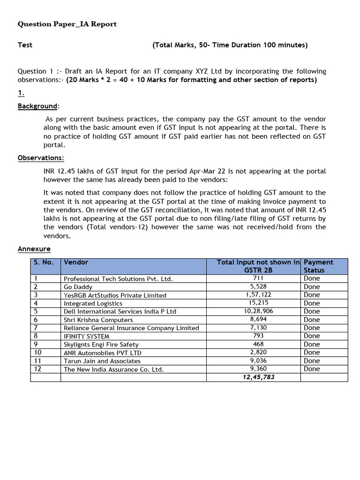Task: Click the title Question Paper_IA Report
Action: click(x=67, y=24)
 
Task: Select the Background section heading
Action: click(x=37, y=106)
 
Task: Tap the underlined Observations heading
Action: click(x=41, y=158)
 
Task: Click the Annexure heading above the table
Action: click(x=34, y=249)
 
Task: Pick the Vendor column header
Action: click(x=76, y=262)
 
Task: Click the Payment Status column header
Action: click(x=318, y=266)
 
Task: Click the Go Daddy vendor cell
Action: click(x=78, y=287)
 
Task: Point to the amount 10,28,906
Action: click(x=258, y=311)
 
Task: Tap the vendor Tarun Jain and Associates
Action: click(x=102, y=361)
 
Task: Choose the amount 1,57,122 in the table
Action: click(x=258, y=295)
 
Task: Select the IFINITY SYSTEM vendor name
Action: click(x=86, y=336)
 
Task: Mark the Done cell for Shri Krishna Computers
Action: click(x=312, y=320)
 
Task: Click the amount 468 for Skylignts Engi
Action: click(x=258, y=344)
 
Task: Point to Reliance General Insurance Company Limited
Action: click(x=131, y=328)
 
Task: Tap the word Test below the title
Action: click(x=25, y=45)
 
